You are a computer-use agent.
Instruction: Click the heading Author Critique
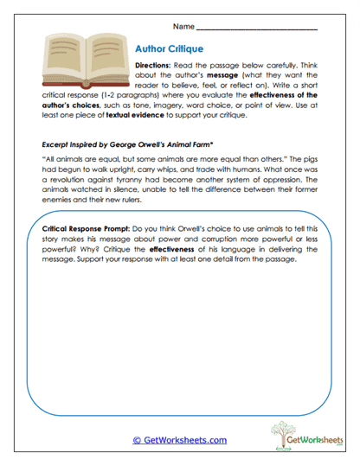(x=170, y=49)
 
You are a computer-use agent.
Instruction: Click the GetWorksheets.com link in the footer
(x=179, y=439)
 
